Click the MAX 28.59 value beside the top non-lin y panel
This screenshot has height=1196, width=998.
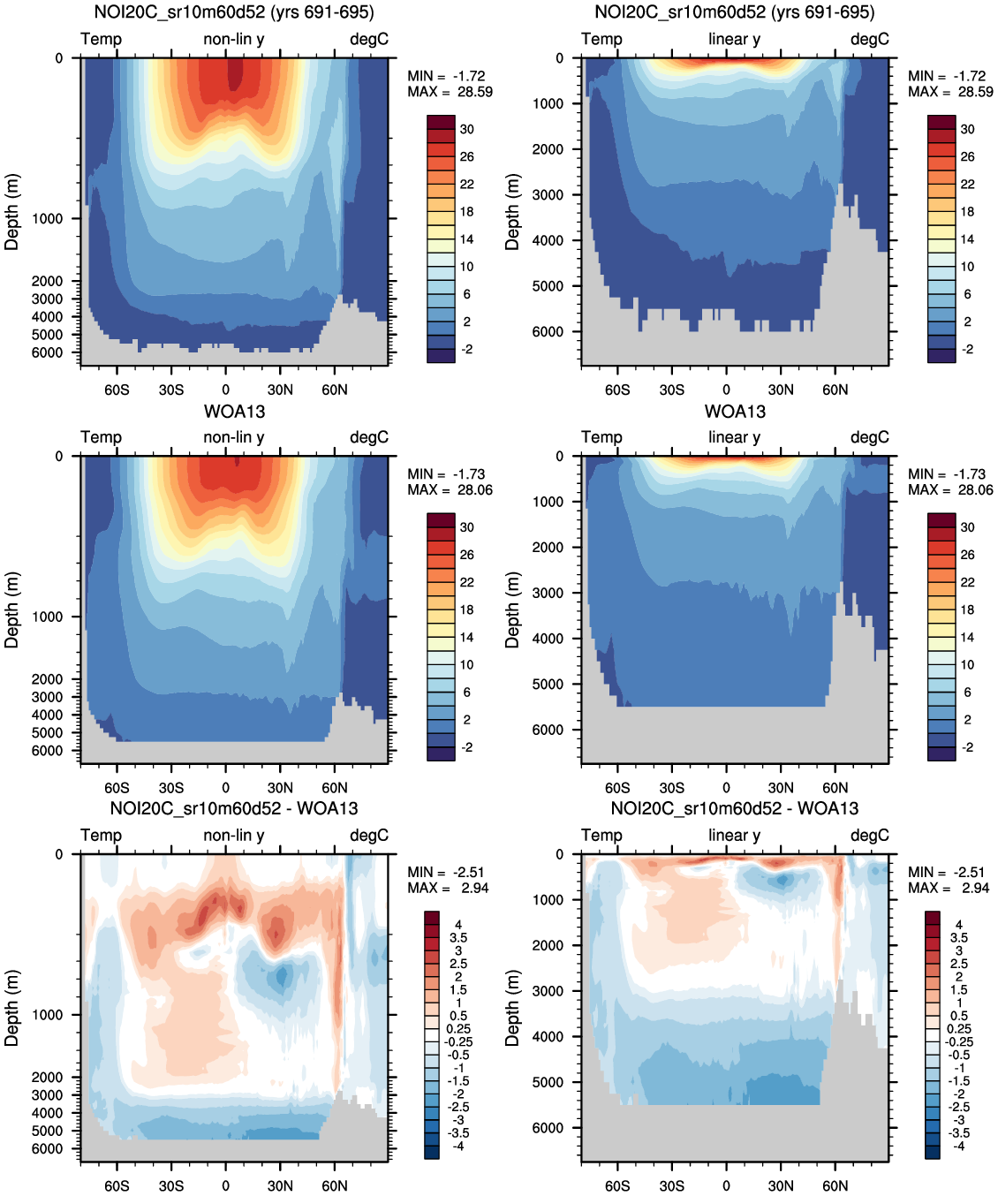tap(474, 92)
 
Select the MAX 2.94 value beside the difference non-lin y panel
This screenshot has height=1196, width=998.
tap(474, 888)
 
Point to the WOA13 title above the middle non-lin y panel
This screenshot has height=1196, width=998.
tap(234, 412)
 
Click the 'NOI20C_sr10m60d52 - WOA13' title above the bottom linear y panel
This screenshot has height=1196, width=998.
tap(735, 808)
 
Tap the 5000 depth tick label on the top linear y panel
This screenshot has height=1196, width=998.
tap(548, 286)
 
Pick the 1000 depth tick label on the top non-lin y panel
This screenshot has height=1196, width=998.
tap(48, 219)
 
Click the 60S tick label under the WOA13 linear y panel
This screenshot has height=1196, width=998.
tap(617, 788)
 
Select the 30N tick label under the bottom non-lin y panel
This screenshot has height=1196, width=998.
tap(280, 1185)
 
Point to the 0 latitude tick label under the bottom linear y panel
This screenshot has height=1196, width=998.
tap(726, 1185)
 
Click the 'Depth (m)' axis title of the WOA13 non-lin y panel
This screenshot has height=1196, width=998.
tap(11, 609)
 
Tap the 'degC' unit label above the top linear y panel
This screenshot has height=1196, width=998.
tap(869, 40)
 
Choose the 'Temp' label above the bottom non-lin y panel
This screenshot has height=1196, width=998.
tap(101, 836)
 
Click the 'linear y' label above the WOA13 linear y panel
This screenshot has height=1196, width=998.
tap(734, 437)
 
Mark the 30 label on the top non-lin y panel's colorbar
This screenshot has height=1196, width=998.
tap(466, 129)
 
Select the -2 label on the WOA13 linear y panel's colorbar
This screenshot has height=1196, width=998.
tap(967, 747)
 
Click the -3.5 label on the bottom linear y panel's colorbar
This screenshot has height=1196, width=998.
tap(959, 1132)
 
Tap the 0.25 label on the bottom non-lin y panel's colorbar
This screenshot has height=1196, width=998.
tap(458, 1028)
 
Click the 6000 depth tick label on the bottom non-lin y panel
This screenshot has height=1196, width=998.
tap(48, 1148)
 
